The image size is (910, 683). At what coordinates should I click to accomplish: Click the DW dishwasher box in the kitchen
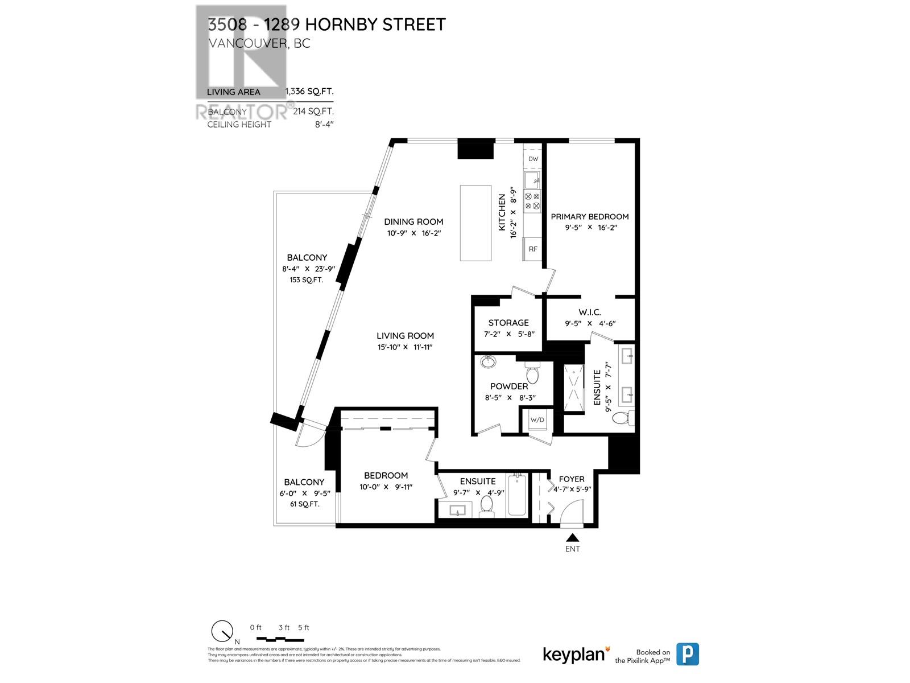click(533, 159)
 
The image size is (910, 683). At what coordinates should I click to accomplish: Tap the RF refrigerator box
click(533, 249)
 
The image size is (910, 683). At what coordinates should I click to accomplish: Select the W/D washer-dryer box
click(537, 420)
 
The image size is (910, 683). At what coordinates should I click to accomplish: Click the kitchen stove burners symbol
click(533, 200)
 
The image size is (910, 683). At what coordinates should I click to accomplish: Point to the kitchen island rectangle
click(475, 223)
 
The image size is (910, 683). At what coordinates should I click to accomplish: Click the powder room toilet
click(532, 373)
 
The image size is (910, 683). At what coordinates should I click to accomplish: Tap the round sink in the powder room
click(488, 361)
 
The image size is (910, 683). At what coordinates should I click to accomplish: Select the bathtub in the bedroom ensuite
click(518, 495)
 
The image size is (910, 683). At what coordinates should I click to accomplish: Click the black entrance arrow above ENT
click(573, 537)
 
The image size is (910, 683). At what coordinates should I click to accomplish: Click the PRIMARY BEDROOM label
click(590, 216)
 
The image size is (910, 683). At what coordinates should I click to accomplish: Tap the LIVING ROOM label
click(405, 336)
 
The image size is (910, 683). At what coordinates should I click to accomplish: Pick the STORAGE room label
click(508, 323)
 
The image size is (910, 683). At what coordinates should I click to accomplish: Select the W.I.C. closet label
click(590, 312)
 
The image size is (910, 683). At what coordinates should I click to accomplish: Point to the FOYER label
click(572, 479)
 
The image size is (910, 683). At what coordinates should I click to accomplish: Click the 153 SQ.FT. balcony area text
click(306, 280)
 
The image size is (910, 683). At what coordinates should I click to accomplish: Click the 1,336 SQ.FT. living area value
click(309, 92)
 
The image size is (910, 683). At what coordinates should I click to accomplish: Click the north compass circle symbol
click(221, 630)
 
